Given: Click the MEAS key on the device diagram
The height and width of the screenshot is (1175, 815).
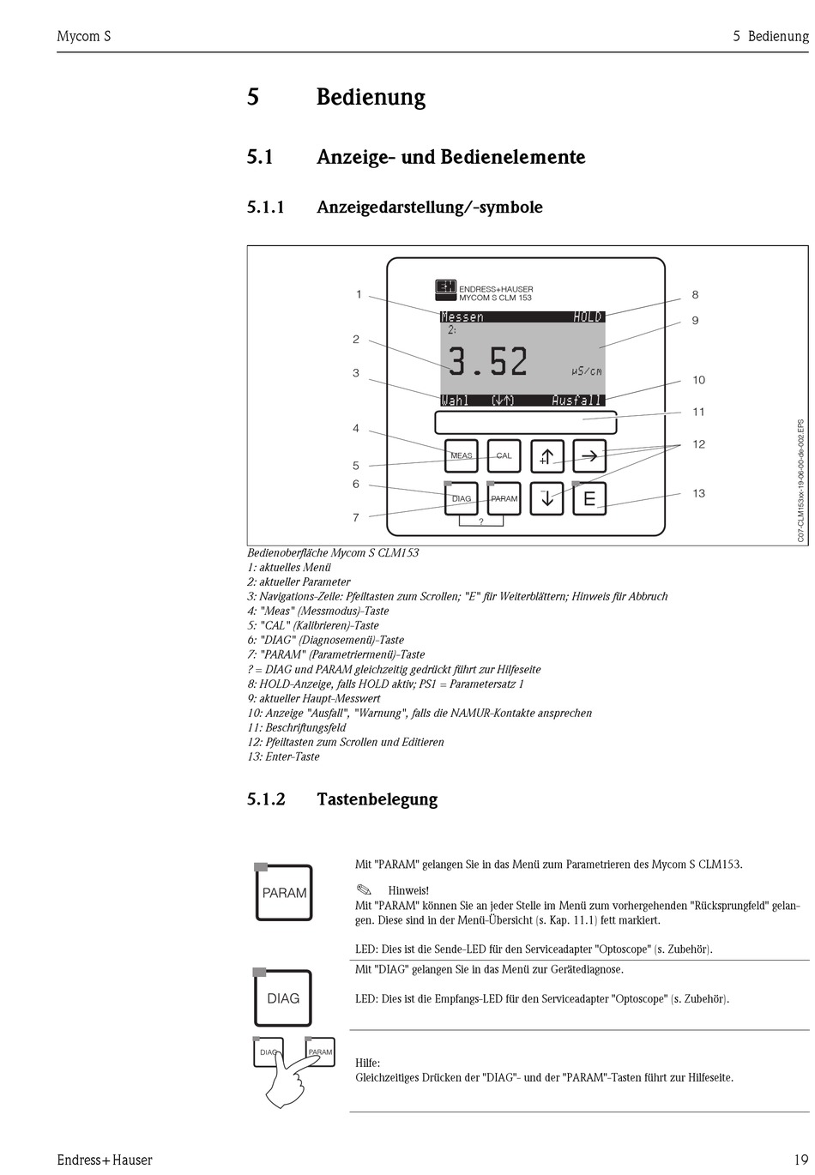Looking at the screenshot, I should (x=461, y=455).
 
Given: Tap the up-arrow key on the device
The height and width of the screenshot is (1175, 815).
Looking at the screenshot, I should (x=546, y=456).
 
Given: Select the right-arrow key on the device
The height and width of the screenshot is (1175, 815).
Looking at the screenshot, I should (x=589, y=456).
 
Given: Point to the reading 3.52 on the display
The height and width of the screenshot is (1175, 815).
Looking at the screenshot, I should (x=488, y=362).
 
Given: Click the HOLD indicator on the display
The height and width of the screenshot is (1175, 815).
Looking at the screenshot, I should (x=588, y=317).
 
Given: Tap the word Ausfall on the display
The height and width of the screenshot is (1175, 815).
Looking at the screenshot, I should (x=577, y=401).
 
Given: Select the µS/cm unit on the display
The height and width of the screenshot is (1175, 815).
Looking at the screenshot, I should (x=587, y=371).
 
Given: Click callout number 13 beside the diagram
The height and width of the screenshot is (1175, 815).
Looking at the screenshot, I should (x=699, y=493).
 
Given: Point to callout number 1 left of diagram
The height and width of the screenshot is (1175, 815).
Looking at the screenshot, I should (x=359, y=294).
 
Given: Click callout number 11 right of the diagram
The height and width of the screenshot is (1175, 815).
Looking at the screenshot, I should (x=699, y=412).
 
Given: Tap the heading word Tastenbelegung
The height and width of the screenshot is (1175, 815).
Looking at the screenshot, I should (x=377, y=799).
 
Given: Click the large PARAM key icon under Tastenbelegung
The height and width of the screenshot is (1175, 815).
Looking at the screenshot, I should (x=284, y=893).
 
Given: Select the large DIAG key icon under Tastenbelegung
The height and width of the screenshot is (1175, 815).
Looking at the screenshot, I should (x=283, y=997).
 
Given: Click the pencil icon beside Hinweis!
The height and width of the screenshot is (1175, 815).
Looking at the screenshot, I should (x=363, y=889).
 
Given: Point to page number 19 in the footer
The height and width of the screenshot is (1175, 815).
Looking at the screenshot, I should (x=800, y=1160).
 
